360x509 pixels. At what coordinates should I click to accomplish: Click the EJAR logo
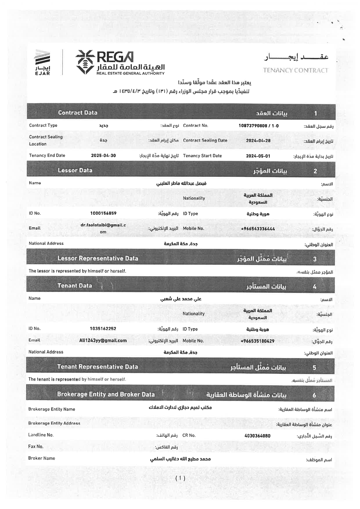(43, 62)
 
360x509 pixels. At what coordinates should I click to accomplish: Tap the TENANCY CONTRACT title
(295, 70)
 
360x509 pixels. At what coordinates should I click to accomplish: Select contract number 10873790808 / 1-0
(258, 126)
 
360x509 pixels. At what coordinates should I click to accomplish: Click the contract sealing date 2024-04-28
(258, 140)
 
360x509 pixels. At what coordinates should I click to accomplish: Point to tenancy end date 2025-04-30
(103, 156)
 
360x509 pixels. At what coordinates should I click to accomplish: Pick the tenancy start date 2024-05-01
(258, 156)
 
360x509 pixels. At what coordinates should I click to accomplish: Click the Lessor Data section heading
(75, 170)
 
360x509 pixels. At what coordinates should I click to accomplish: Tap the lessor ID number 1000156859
(103, 213)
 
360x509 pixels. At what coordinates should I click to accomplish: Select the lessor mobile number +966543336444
(258, 229)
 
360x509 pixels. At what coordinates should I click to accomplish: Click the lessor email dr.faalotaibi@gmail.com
(103, 228)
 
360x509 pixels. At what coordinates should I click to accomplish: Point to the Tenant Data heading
(75, 286)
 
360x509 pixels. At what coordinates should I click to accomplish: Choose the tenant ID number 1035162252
(103, 328)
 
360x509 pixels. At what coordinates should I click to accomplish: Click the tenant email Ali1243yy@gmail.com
(103, 340)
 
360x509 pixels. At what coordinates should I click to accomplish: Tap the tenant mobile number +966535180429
(258, 341)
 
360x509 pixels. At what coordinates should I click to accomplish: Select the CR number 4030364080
(258, 436)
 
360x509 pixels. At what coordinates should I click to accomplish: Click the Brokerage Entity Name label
(52, 409)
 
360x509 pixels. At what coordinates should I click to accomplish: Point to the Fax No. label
(36, 446)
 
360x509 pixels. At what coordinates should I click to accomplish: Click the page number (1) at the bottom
(180, 478)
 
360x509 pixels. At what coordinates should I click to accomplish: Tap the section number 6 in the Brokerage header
(314, 395)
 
